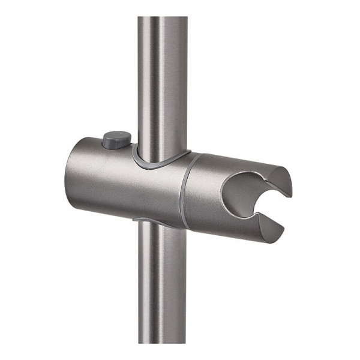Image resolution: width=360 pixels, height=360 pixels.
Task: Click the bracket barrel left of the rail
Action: [x=102, y=180]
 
